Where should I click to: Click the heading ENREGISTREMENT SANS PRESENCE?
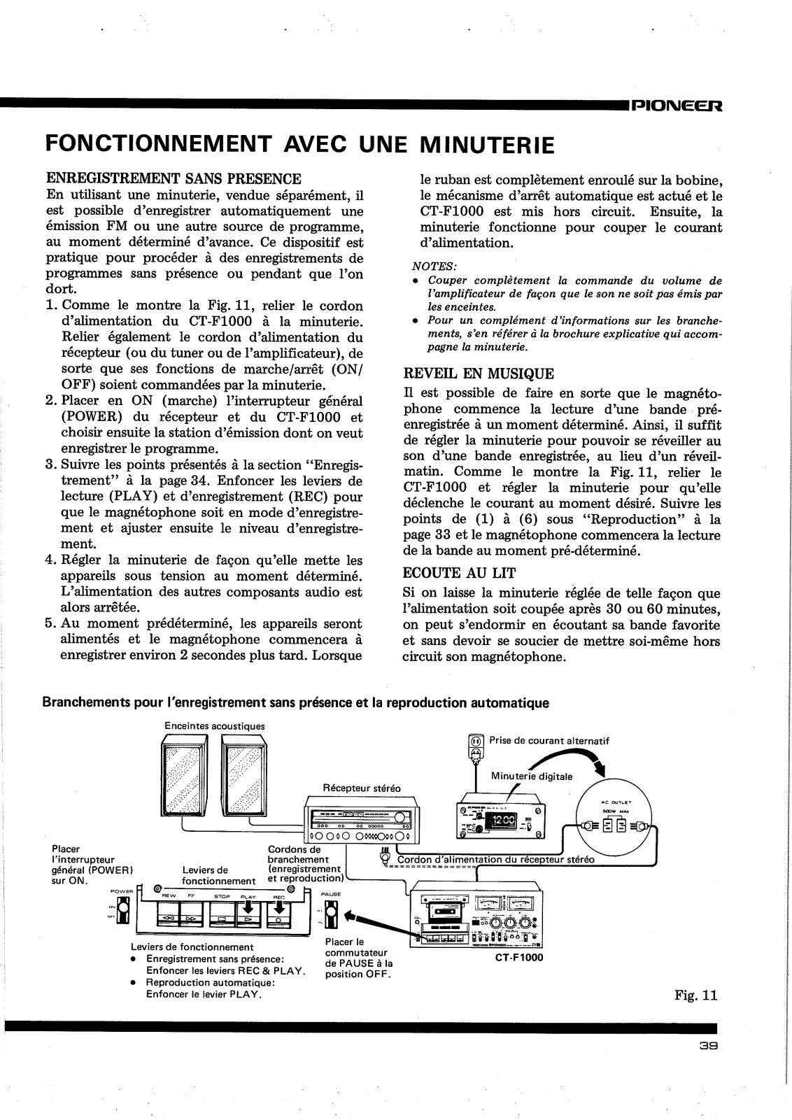point(174,179)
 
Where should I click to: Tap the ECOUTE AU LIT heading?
point(460,573)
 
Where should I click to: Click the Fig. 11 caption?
point(696,995)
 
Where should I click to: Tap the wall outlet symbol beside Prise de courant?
point(476,744)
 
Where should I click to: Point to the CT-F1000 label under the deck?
point(518,958)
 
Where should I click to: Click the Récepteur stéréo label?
point(362,788)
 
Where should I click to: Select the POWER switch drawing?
point(124,910)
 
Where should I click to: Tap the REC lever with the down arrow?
point(278,912)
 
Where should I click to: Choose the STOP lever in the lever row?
point(222,914)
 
